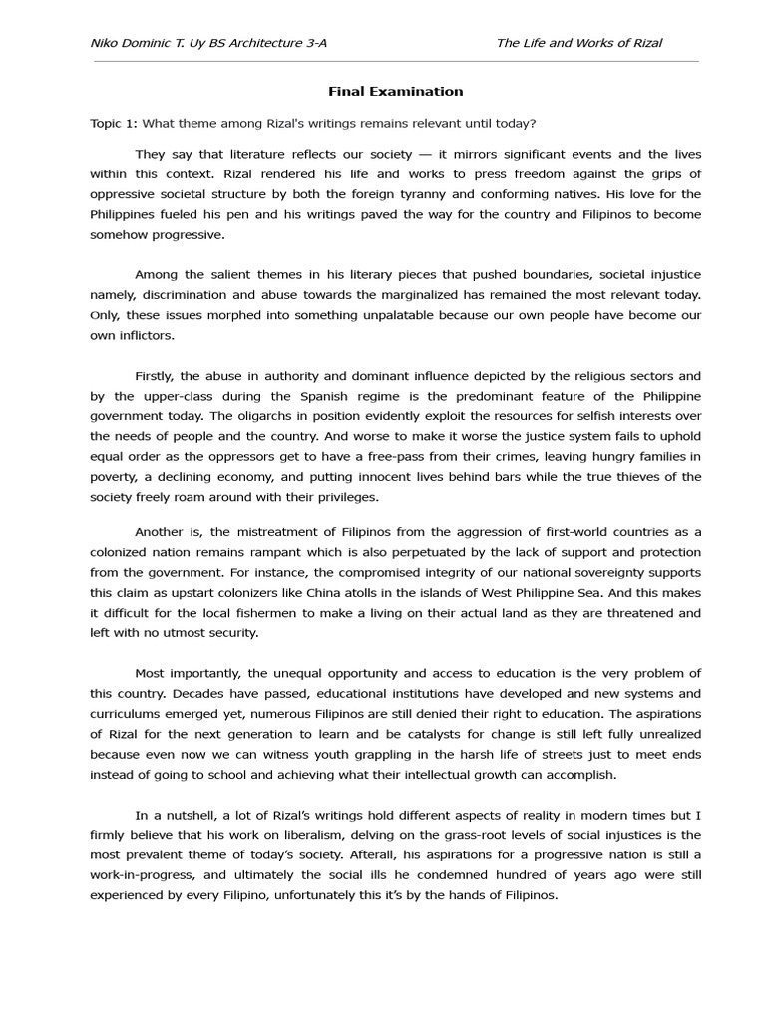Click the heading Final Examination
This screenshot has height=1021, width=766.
coord(396,91)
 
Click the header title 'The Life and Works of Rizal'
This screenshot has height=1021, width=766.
coord(578,43)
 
